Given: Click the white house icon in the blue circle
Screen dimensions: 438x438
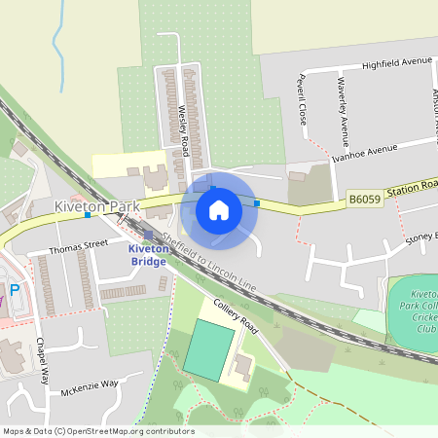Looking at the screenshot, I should (219, 209).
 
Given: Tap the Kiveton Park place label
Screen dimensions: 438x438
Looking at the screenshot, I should (97, 206).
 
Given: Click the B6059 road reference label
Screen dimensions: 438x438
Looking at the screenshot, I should (363, 200).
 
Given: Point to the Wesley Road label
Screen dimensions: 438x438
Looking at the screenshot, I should (183, 131).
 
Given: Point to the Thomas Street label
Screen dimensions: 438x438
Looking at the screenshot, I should (81, 246).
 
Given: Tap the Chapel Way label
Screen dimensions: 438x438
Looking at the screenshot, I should (41, 359).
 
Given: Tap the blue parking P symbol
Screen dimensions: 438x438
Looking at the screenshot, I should (14, 289).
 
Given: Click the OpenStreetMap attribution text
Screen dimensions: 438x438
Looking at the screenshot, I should (97, 431).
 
